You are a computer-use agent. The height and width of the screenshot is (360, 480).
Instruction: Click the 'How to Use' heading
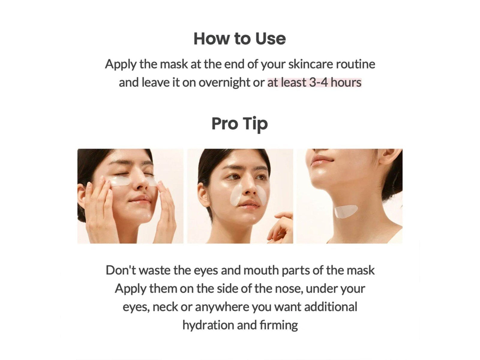coord(239,39)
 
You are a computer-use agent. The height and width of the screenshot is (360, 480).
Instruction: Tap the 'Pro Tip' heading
coord(239,124)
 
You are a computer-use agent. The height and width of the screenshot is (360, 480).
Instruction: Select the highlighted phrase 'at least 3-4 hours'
coord(314,82)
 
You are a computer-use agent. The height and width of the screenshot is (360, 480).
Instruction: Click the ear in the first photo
coord(81,196)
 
